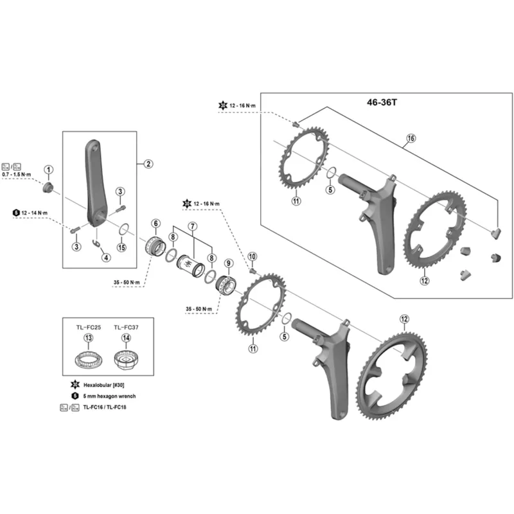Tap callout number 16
point(411,138)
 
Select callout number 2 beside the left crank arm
point(148,164)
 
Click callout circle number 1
point(49,170)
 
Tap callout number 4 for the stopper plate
point(106,258)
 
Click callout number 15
point(122,247)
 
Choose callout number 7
point(191,226)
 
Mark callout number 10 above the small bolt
point(252,256)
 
